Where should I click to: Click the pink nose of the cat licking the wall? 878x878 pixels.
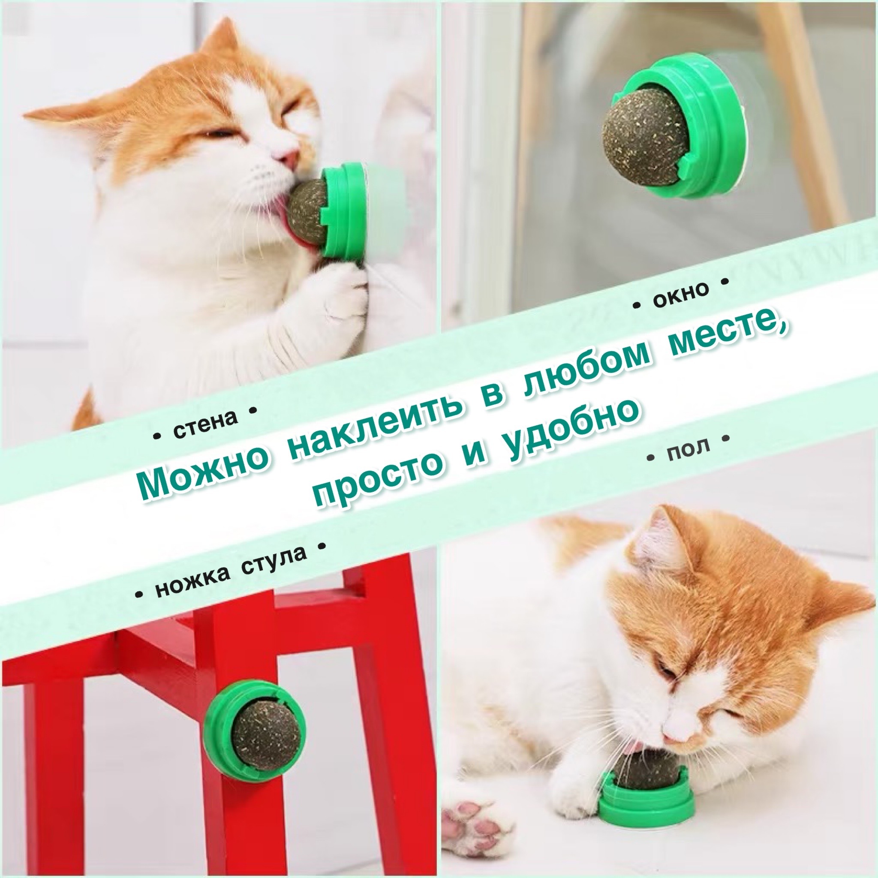pos(289,157)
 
